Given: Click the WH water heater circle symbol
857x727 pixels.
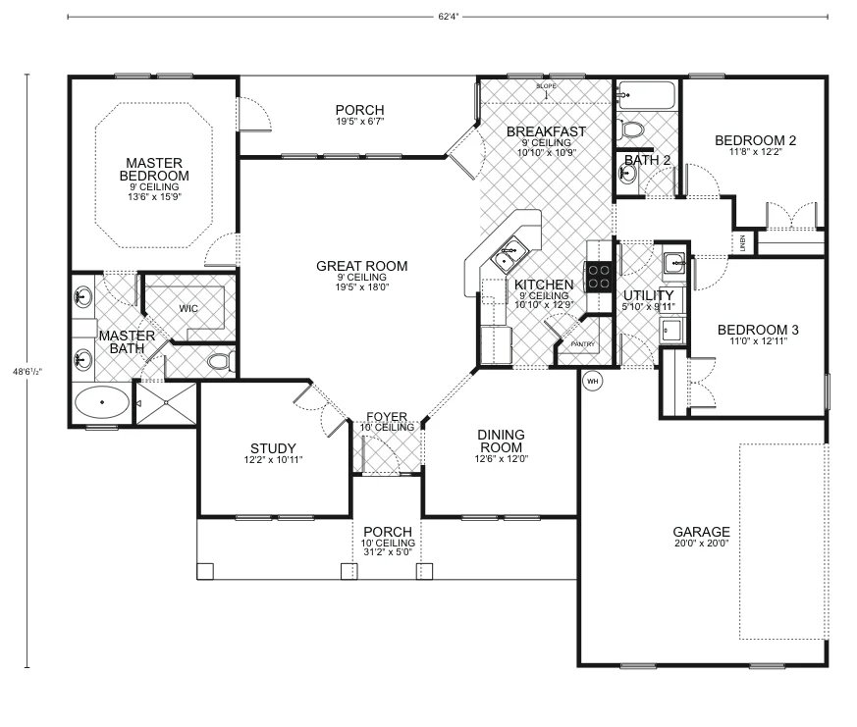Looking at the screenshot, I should (592, 381).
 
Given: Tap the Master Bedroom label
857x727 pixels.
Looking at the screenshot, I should (156, 169).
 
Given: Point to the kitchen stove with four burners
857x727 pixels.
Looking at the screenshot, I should (598, 277).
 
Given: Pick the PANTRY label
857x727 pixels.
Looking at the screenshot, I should (583, 344).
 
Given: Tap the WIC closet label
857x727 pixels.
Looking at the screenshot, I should (188, 308).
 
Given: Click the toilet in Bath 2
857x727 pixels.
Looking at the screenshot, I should (632, 130).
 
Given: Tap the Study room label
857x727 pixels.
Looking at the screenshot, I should (273, 448).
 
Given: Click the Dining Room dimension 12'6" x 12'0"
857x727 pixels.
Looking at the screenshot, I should (501, 458).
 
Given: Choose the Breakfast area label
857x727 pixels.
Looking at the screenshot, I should (546, 131).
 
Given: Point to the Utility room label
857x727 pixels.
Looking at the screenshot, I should (649, 295).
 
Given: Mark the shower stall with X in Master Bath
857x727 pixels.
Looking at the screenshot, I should (151, 402).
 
